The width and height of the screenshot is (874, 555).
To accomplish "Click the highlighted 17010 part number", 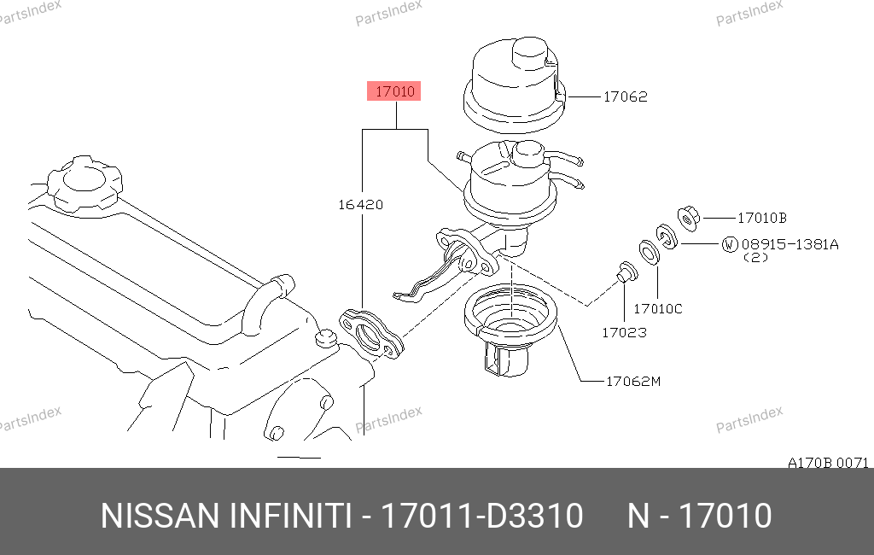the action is [394, 91].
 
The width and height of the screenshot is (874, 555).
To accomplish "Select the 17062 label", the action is [626, 96].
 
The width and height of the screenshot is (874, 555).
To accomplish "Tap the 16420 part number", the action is [361, 205].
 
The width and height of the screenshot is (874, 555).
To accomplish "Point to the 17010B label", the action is [762, 218].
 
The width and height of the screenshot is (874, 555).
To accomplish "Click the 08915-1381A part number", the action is [790, 244].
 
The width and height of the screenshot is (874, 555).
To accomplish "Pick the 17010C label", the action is [658, 308].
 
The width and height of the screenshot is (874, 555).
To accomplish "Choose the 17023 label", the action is [624, 332].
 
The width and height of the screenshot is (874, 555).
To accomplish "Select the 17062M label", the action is [633, 382].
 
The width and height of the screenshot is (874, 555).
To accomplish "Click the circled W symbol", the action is [730, 244].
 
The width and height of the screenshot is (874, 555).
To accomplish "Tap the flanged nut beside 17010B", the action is [689, 218].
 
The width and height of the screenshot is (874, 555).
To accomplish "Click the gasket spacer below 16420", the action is [371, 333].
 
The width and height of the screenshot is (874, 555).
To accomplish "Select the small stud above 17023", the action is [626, 272].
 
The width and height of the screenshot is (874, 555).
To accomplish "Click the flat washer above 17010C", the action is [649, 253].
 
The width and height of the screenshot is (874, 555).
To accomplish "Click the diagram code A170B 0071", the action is [828, 463].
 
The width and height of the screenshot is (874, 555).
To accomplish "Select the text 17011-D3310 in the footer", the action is [481, 516].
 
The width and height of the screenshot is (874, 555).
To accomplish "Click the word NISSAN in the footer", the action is [160, 516].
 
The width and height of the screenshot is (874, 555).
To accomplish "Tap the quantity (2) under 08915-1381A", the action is [756, 258].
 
